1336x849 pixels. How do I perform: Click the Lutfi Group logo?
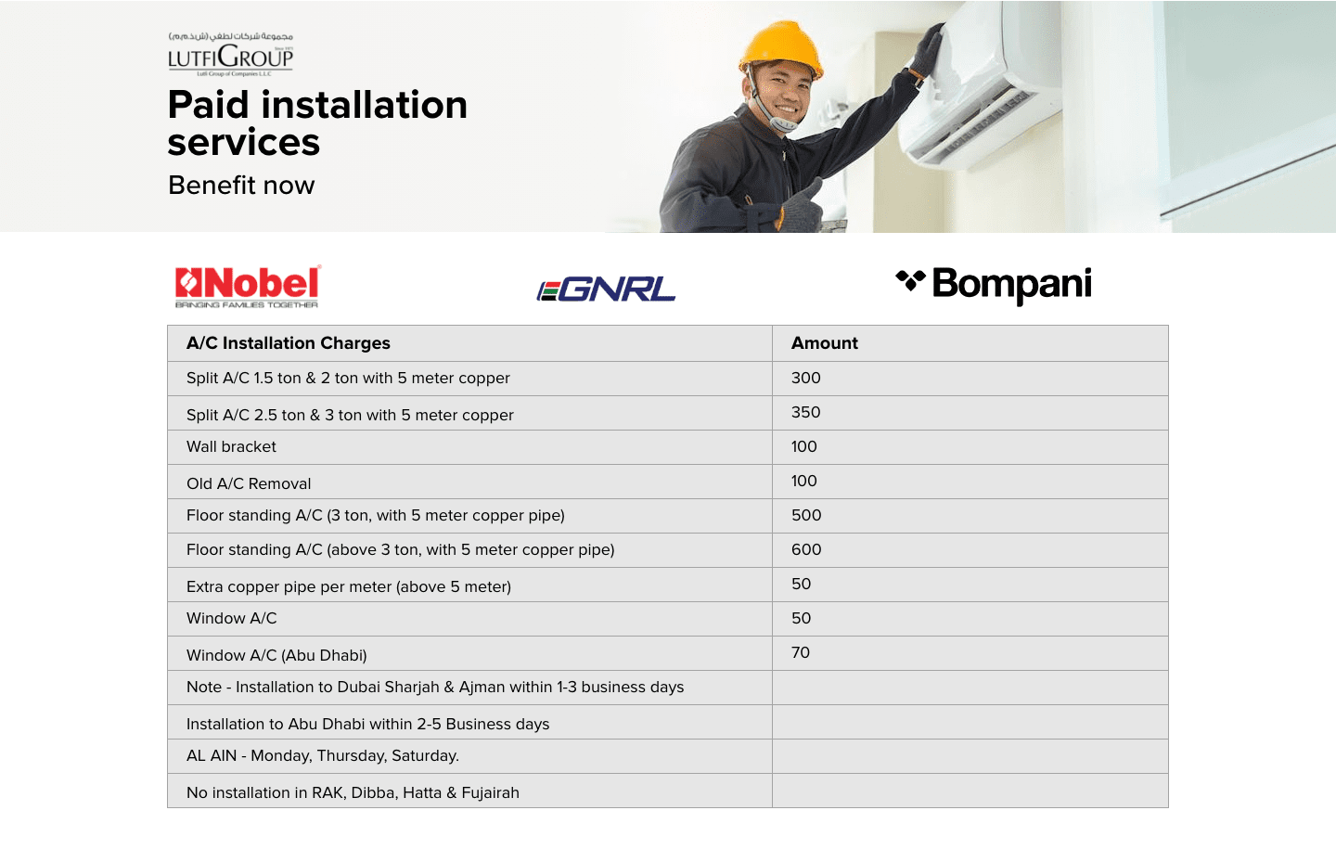coord(231,54)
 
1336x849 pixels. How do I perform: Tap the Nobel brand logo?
coord(248,287)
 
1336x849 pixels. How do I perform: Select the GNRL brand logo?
coord(606,290)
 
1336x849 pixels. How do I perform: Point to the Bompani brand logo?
coord(994,286)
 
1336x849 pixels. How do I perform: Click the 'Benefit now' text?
coord(241,186)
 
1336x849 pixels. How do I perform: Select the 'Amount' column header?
coord(824,343)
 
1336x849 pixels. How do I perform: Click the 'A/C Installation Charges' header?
coord(288,343)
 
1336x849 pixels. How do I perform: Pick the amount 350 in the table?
coord(805,412)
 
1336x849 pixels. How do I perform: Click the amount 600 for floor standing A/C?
coord(806,549)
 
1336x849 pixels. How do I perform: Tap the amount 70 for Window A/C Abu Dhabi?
coord(801,652)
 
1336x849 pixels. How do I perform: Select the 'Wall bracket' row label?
coord(231,447)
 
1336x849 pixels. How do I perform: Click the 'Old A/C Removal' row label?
coord(249,483)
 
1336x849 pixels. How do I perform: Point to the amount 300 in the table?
coord(805,378)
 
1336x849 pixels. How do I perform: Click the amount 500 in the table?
coord(806,515)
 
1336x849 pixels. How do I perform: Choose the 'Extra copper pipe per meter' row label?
coord(349,587)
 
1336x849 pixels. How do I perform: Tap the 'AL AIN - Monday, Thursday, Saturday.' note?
coord(323,756)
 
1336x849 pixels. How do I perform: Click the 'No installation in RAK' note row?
coord(353,793)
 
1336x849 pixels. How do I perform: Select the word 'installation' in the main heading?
coord(364,105)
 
